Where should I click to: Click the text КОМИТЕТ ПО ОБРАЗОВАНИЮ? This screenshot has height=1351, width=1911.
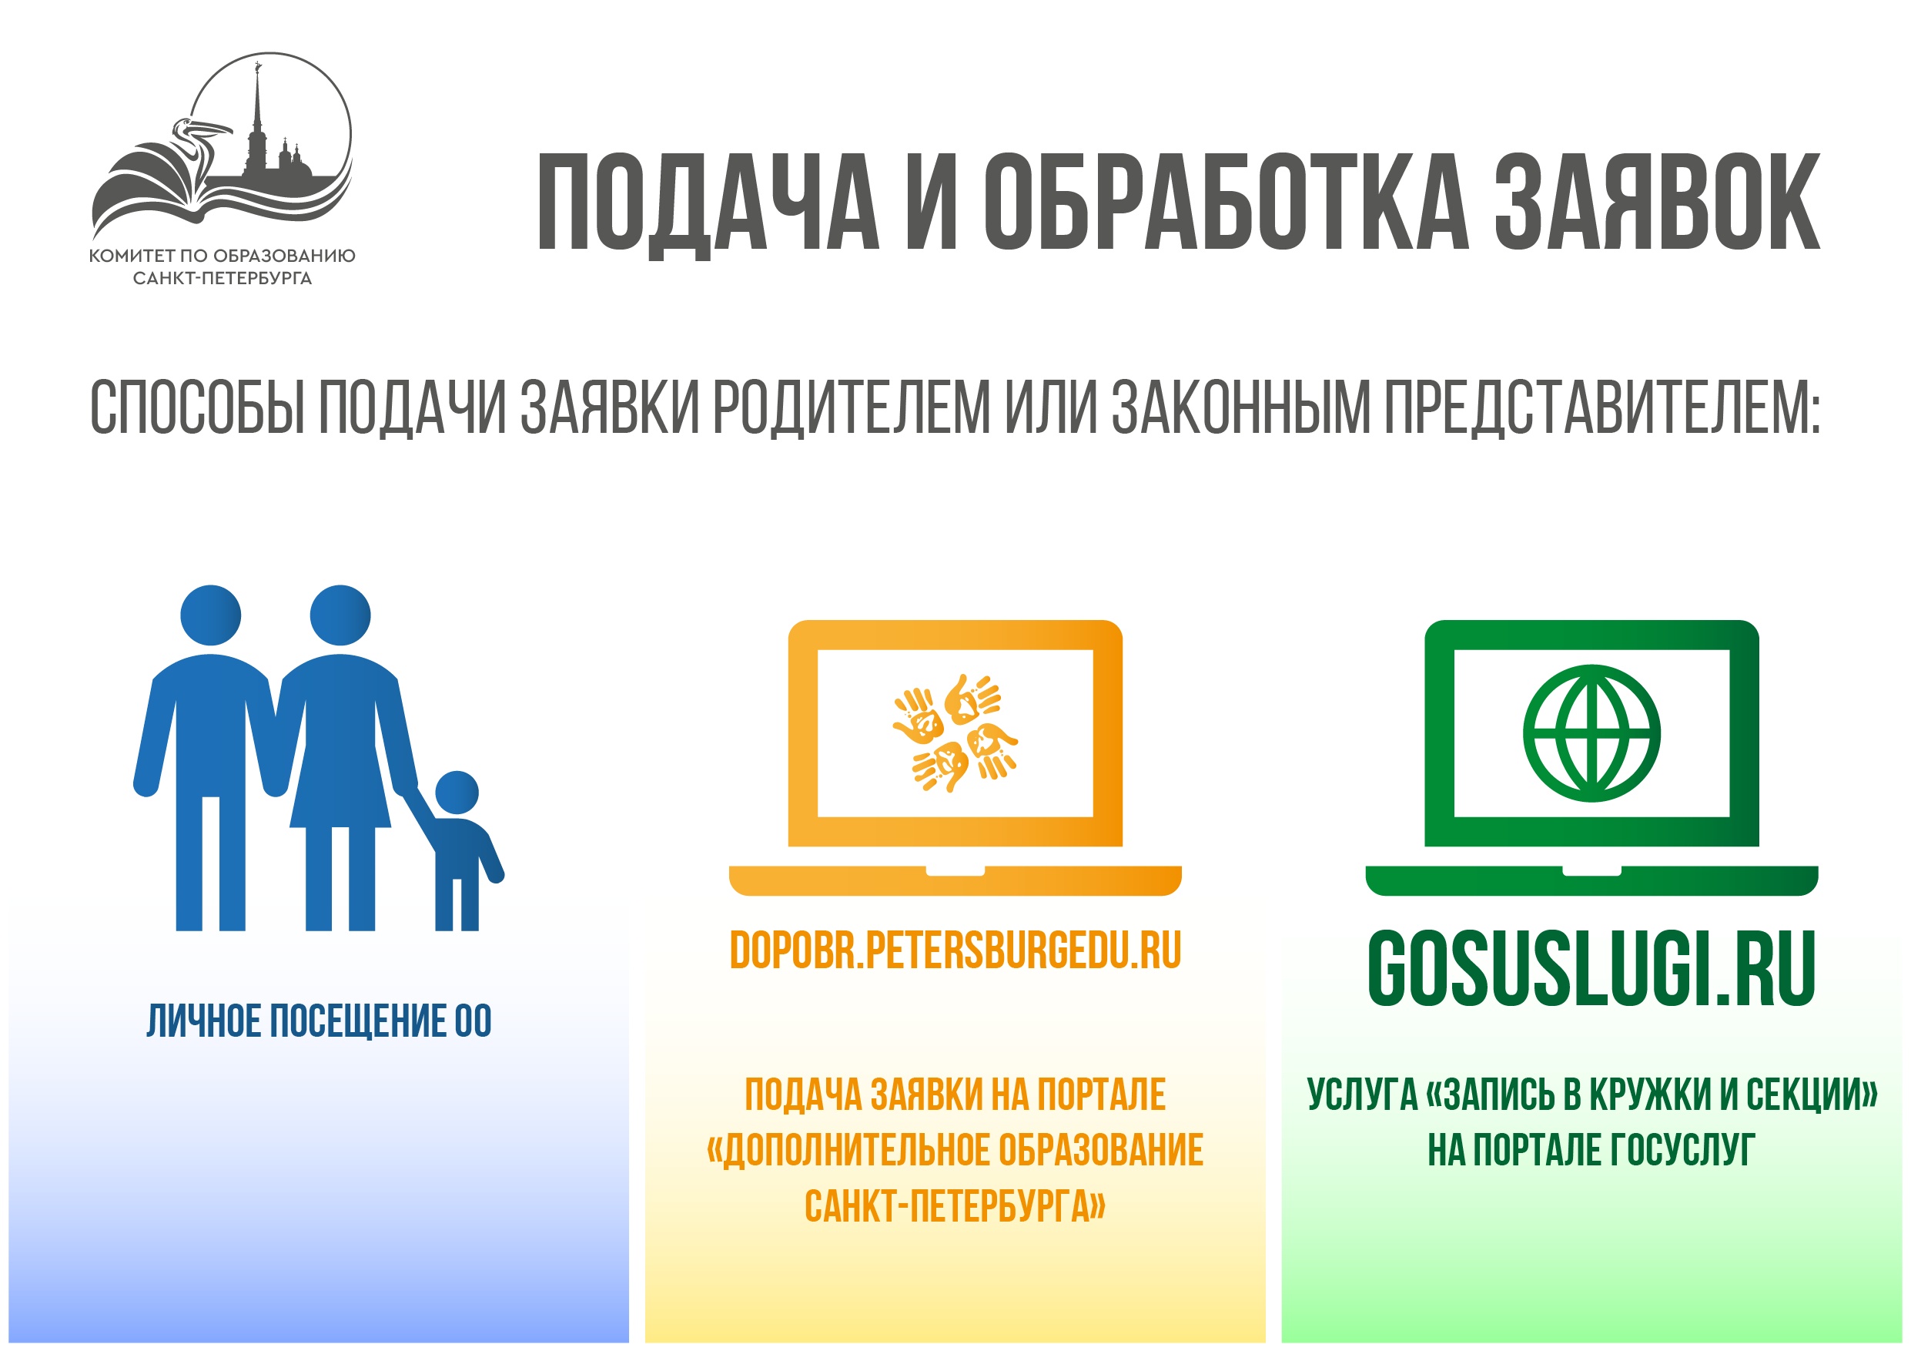pos(223,256)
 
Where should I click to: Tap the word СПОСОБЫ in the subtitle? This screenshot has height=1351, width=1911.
pos(198,407)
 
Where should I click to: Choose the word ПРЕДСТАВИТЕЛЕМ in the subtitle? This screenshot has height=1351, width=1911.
pos(1603,407)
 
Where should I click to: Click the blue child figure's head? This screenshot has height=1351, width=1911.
pos(457,792)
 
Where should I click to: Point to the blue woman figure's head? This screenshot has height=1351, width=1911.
pos(340,615)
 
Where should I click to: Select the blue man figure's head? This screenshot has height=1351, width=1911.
pos(210,615)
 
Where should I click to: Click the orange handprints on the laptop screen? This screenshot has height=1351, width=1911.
pos(955,733)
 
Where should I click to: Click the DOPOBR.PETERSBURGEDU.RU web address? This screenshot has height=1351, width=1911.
pos(955,950)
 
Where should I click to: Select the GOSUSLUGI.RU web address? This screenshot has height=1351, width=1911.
pos(1591,968)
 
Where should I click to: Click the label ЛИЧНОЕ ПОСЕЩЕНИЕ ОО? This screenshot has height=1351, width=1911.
pos(319,1021)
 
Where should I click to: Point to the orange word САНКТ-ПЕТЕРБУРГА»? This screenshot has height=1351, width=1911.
pos(955,1206)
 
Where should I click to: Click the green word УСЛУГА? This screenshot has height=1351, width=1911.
pos(1362,1095)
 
